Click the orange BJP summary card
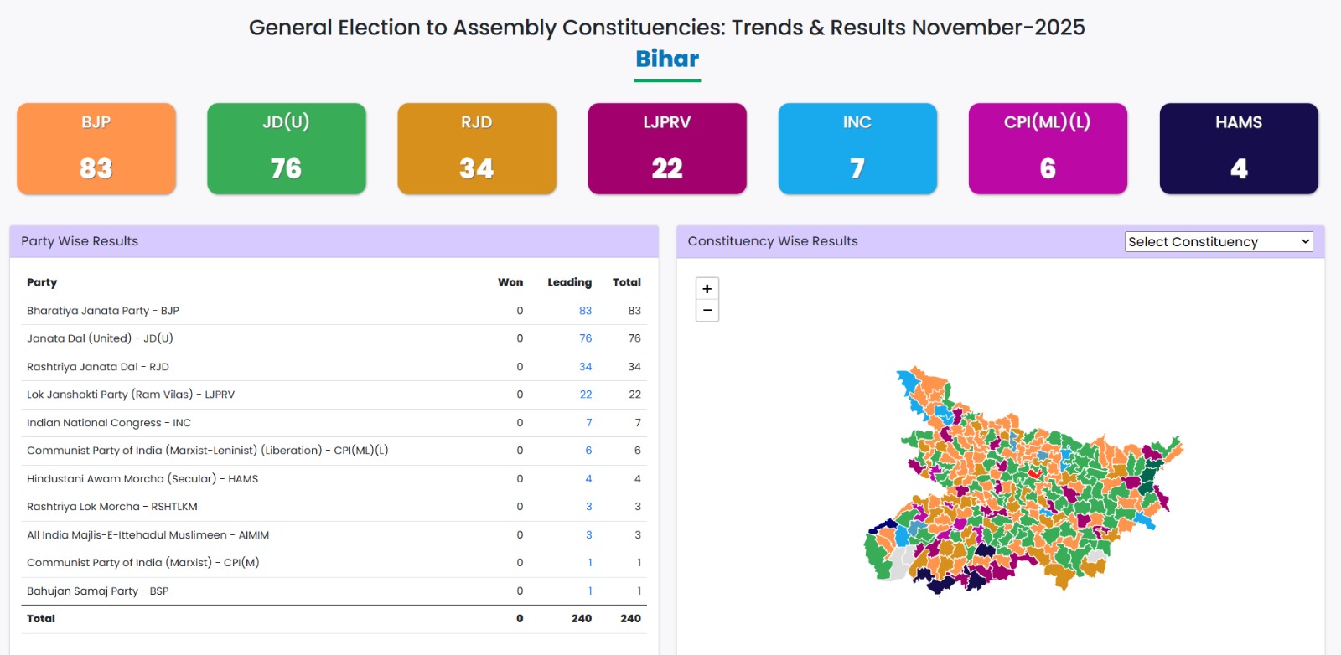pos(96,148)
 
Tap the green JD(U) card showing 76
pos(287,148)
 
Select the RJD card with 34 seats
pos(477,148)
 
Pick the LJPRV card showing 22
pos(667,148)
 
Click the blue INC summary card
pos(857,148)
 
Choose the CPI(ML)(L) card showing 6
pos(1048,148)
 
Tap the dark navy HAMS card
pos(1239,148)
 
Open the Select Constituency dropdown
pos(1219,242)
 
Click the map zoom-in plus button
pos(707,289)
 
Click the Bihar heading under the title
pos(667,59)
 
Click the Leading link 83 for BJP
pos(585,311)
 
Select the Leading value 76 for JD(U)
pos(585,338)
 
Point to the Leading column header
pos(569,282)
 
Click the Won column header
pos(510,282)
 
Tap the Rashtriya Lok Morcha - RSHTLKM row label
pos(112,507)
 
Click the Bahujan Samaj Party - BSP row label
pos(98,591)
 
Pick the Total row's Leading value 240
pos(582,619)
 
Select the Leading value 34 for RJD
pos(585,367)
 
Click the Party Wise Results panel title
pos(80,241)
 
